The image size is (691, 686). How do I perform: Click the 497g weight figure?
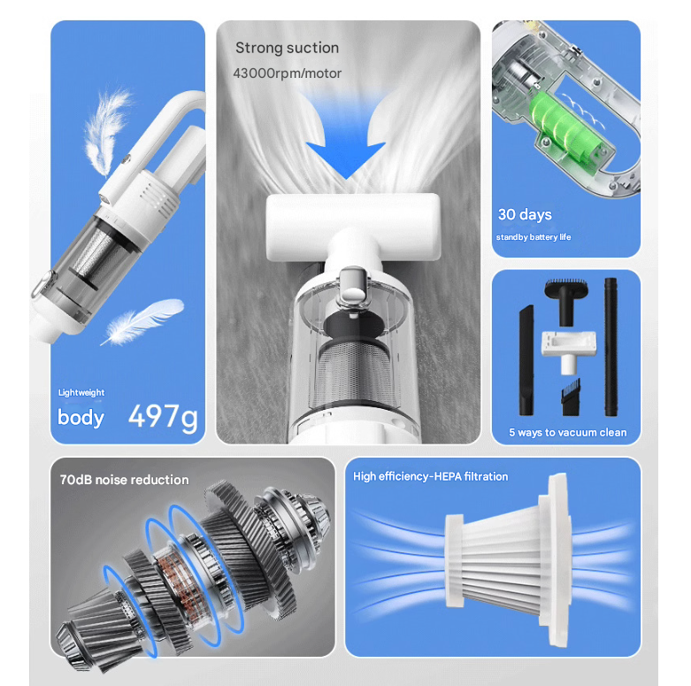coord(163,416)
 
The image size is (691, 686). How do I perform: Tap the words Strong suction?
coord(287,48)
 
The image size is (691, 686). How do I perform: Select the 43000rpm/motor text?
coord(287,73)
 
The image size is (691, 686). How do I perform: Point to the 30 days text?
coord(524,215)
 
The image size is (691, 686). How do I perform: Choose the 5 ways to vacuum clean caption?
coord(567,433)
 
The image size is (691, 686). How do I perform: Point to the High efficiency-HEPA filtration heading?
coord(430,477)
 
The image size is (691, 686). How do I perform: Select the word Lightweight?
coord(81,393)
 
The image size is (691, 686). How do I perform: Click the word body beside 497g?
coord(81,417)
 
